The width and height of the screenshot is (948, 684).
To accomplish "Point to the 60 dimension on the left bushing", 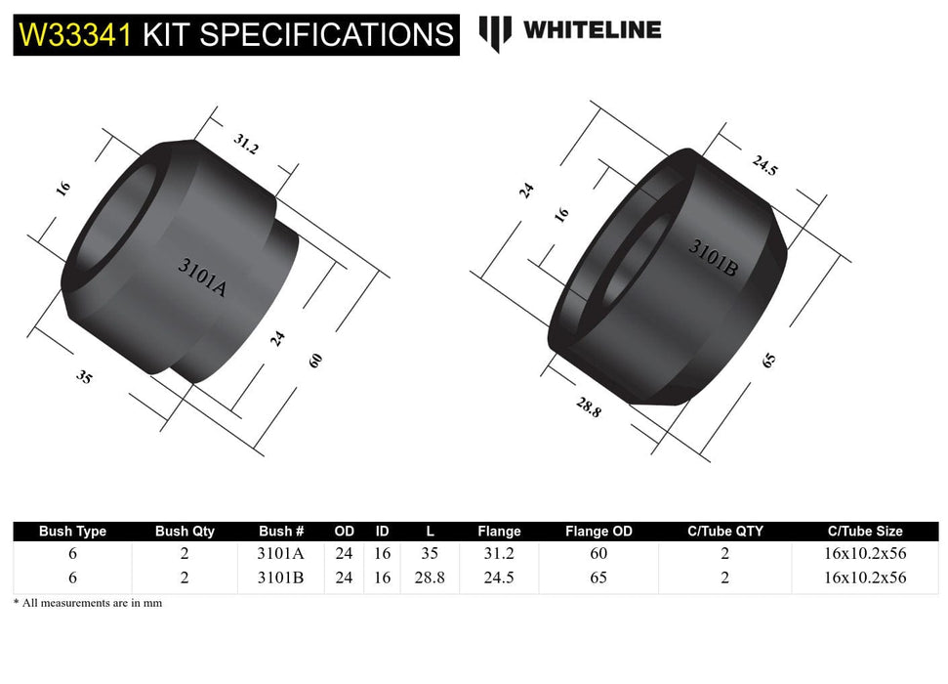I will pos(314,360).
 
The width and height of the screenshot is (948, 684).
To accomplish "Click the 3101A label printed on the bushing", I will pos(202,277).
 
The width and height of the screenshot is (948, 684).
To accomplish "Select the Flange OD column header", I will pos(598,532).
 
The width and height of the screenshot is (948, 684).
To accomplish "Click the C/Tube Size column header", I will pos(864,532).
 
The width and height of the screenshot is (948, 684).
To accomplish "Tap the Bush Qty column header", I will pos(185,532).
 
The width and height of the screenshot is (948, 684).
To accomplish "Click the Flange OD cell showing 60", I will pos(598,553).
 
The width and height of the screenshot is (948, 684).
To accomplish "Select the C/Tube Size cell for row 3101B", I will pos(864,577).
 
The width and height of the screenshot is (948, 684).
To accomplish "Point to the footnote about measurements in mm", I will pos(88,603).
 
